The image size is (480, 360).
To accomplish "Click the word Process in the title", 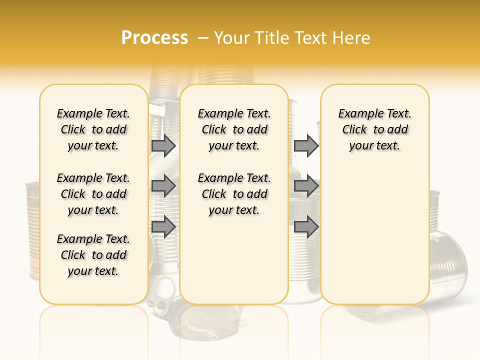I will [154, 37].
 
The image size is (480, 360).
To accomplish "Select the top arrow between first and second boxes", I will [163, 145].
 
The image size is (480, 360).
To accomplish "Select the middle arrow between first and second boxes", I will [163, 186].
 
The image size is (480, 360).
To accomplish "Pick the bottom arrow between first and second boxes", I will [163, 226].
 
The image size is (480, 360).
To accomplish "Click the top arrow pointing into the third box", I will [306, 145].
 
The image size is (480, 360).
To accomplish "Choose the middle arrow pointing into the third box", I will [306, 186].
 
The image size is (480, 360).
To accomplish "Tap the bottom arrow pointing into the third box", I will [306, 226].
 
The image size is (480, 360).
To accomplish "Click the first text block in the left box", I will [93, 129].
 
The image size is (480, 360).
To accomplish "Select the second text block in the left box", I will [93, 194].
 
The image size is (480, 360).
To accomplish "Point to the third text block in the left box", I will [93, 255].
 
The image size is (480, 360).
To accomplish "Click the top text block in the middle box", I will [234, 129].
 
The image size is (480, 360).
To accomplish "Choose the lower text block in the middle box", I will [234, 194].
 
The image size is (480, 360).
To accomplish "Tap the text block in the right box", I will [374, 129].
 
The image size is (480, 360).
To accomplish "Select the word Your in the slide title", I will [231, 37].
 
